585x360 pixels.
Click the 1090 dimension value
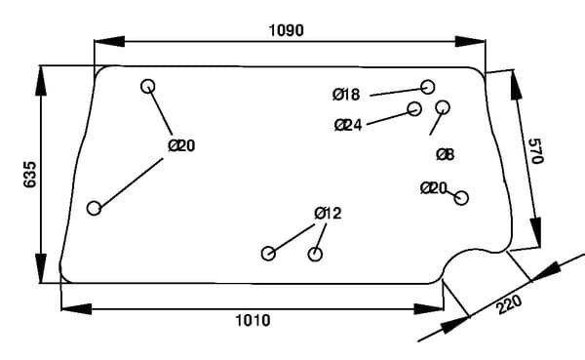pyautogui.click(x=286, y=30)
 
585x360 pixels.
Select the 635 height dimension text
pyautogui.click(x=30, y=175)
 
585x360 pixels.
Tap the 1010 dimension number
pyautogui.click(x=253, y=320)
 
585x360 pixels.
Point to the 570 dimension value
pyautogui.click(x=535, y=151)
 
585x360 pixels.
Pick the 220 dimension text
pyautogui.click(x=509, y=305)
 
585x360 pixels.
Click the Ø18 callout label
pyautogui.click(x=346, y=95)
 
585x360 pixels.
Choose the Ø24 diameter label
pyautogui.click(x=348, y=125)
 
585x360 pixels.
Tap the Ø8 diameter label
pyautogui.click(x=446, y=154)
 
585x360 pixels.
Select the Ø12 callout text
pyautogui.click(x=328, y=214)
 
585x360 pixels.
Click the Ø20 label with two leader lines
pyautogui.click(x=181, y=145)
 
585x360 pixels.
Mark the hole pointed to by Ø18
pyautogui.click(x=428, y=87)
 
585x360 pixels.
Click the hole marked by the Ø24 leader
pyautogui.click(x=414, y=108)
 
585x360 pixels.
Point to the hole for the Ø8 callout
pyautogui.click(x=443, y=107)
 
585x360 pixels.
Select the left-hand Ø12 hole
pyautogui.click(x=268, y=254)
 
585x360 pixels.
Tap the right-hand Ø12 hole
pyautogui.click(x=315, y=255)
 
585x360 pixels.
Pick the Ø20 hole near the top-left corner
pyautogui.click(x=148, y=86)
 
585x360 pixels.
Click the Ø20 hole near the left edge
pyautogui.click(x=94, y=209)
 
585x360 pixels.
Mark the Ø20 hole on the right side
pyautogui.click(x=461, y=198)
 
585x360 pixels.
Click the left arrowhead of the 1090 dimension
pyautogui.click(x=109, y=41)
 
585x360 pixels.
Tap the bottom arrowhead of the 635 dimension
pyautogui.click(x=41, y=268)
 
